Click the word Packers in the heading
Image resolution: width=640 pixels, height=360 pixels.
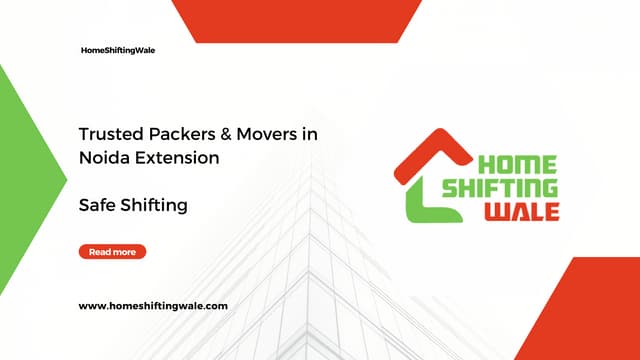click(170, 133)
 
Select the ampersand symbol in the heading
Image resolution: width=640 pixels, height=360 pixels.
click(213, 133)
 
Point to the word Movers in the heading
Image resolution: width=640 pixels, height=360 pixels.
click(254, 133)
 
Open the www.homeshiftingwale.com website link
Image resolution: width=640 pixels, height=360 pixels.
click(153, 305)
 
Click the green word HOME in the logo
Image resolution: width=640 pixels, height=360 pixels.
click(518, 166)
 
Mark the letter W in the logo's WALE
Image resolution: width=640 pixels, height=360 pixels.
click(496, 211)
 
